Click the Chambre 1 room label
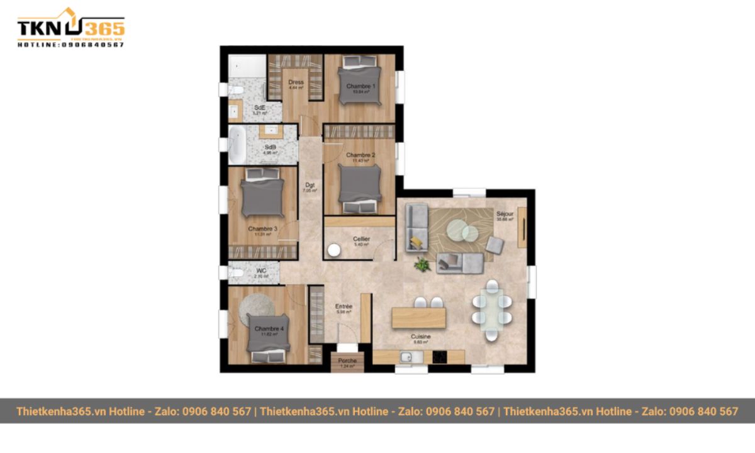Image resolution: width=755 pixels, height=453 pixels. (x=361, y=86)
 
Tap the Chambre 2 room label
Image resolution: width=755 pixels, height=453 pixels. (x=361, y=155)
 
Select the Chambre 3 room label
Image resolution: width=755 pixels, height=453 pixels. (x=262, y=229)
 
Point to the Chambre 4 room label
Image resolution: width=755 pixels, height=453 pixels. (x=269, y=329)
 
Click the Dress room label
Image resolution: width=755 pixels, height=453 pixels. (x=296, y=82)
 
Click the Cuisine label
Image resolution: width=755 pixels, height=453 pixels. (x=421, y=337)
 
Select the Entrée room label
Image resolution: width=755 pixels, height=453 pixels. (x=344, y=307)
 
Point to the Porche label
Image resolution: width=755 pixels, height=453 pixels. (x=347, y=361)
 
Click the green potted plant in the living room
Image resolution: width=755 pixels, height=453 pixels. (x=423, y=265)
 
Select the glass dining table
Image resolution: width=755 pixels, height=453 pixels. (x=491, y=310)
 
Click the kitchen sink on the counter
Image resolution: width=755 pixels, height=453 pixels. (x=406, y=357)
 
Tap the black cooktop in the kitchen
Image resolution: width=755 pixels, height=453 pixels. (x=439, y=357)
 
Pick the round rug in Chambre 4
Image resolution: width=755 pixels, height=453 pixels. (x=255, y=308)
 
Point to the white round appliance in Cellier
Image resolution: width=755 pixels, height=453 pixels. (x=333, y=250)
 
